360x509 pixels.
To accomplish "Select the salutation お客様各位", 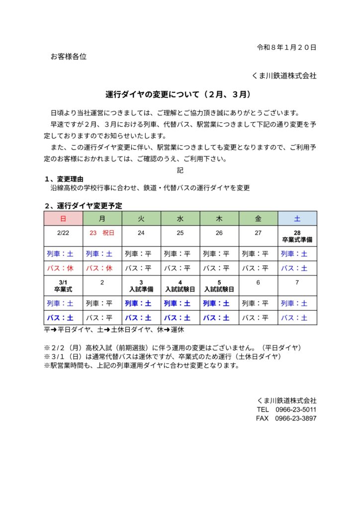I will click(69, 57).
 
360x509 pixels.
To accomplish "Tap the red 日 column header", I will click(63, 218).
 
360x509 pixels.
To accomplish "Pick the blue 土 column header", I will click(297, 218).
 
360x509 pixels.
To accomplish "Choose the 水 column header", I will click(180, 218).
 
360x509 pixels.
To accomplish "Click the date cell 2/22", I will click(63, 232).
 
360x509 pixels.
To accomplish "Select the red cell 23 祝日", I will click(102, 232).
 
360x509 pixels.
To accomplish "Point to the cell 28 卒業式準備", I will click(297, 236).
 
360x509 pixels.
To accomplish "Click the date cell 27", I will click(258, 232).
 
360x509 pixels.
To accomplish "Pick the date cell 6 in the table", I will click(258, 282).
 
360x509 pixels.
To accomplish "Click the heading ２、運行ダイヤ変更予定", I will click(83, 205).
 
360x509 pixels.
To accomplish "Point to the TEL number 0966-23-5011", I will click(296, 409).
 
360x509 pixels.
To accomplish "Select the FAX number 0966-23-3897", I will click(296, 419).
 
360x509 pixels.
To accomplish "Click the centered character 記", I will click(180, 170).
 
